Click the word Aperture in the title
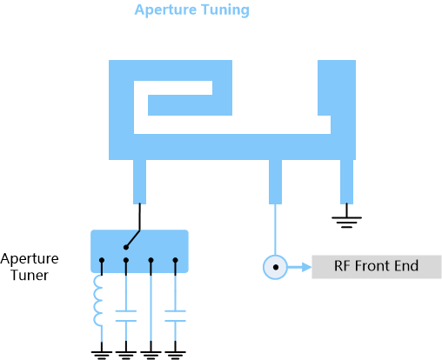point(165,10)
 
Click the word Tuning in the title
point(225,10)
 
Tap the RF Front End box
point(377,267)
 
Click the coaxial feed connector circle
point(275,267)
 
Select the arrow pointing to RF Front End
point(299,267)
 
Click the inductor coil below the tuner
point(98,300)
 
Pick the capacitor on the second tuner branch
point(126,316)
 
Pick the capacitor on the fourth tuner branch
point(175,316)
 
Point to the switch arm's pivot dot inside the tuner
point(126,247)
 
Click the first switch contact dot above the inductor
point(102,260)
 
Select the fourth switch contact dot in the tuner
point(175,260)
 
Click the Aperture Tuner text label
point(30,267)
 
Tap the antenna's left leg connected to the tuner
point(139,182)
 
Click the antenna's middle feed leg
point(275,182)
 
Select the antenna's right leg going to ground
point(346,182)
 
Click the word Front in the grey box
point(372,266)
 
